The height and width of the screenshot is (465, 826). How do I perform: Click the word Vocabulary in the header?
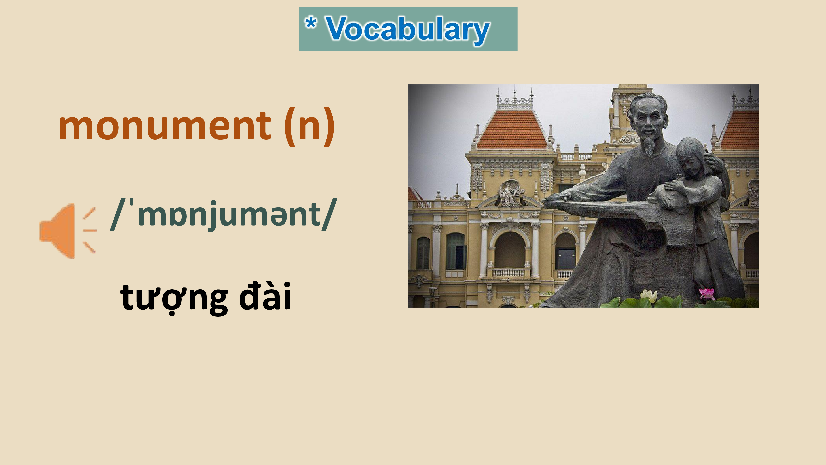[408, 30]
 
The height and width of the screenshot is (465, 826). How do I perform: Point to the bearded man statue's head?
[648, 119]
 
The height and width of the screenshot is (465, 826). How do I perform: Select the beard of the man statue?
[650, 144]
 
